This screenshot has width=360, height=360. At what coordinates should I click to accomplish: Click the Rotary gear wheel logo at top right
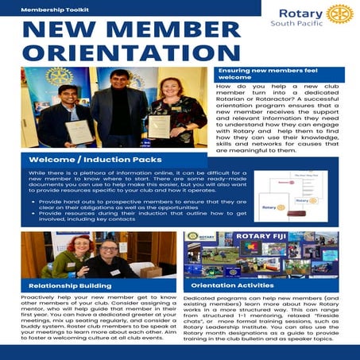pyautogui.click(x=339, y=14)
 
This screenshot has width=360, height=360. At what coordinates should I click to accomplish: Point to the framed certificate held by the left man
pyautogui.click(x=77, y=130)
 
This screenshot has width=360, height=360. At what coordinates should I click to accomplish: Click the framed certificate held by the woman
pyautogui.click(x=159, y=126)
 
